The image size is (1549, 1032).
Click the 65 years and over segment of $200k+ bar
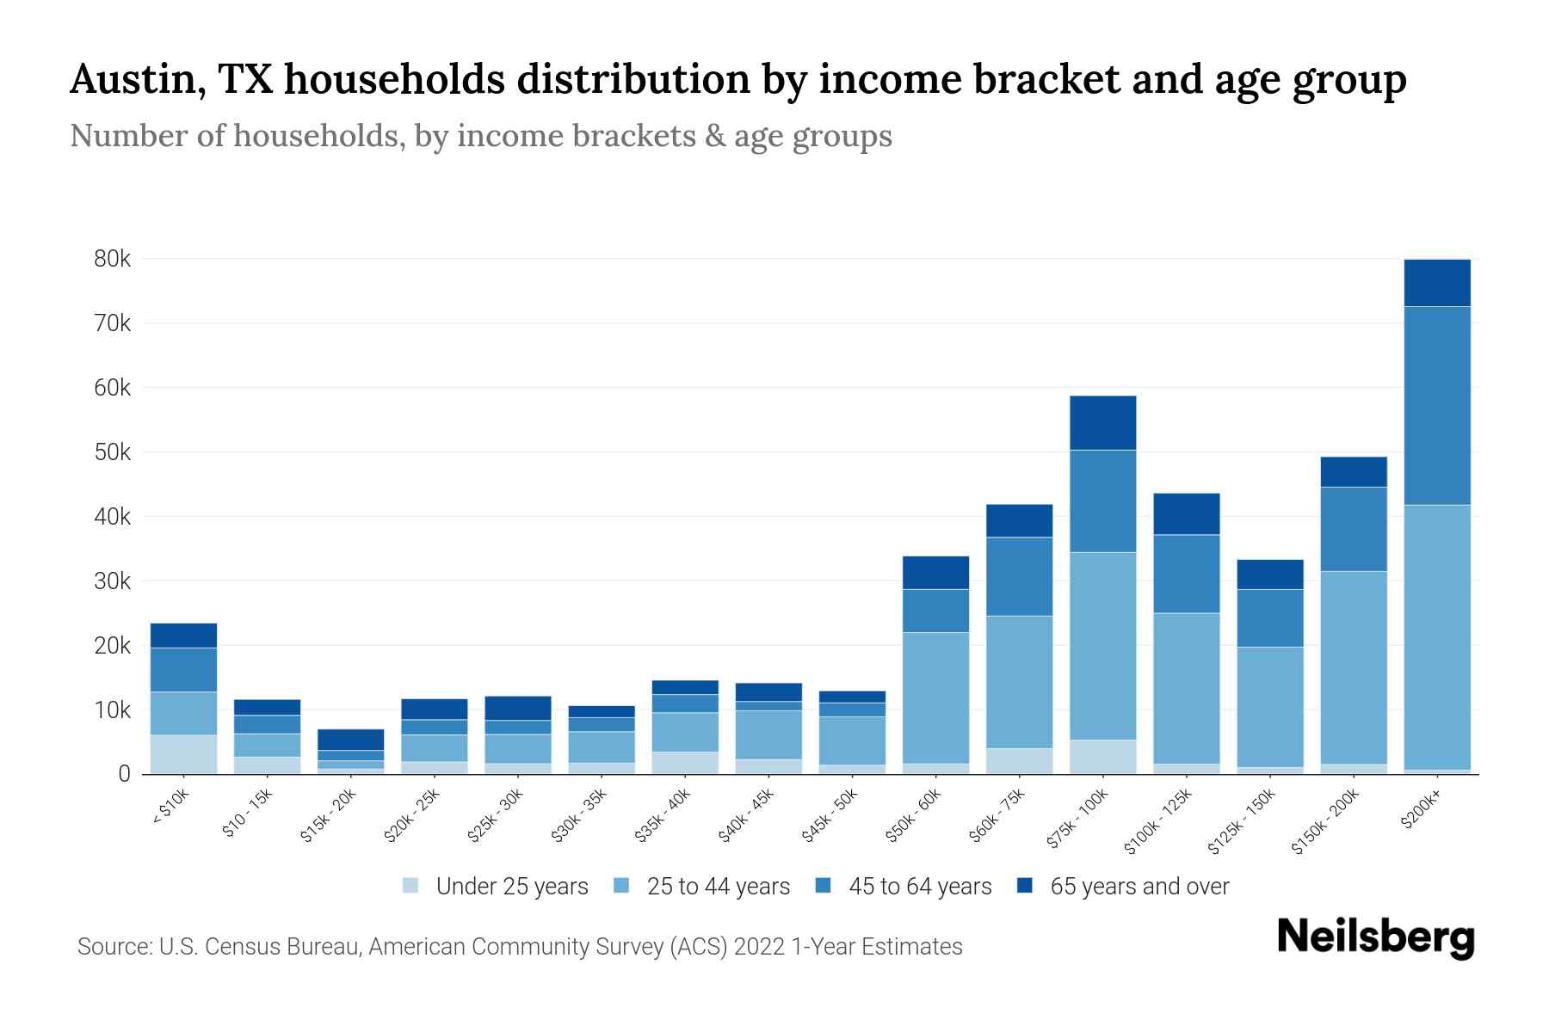(x=1437, y=283)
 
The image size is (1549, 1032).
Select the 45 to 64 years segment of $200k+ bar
(x=1437, y=405)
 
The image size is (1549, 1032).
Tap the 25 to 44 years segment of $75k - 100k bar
(x=1102, y=646)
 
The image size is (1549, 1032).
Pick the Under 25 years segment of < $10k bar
(x=183, y=754)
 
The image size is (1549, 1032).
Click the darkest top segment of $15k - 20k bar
(x=350, y=740)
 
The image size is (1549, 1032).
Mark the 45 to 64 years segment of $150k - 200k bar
(x=1354, y=529)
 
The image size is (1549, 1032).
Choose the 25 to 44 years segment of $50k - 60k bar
(x=935, y=697)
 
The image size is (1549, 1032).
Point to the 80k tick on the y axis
(x=113, y=259)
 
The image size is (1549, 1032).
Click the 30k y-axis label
(x=113, y=581)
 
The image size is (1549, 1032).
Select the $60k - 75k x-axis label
(x=997, y=815)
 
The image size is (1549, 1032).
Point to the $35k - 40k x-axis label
(x=663, y=815)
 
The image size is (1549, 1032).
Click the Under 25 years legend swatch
(x=410, y=886)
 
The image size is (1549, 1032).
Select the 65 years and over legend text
(x=1139, y=886)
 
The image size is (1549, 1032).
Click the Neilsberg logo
(x=1375, y=937)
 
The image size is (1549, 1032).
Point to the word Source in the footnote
(x=114, y=947)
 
